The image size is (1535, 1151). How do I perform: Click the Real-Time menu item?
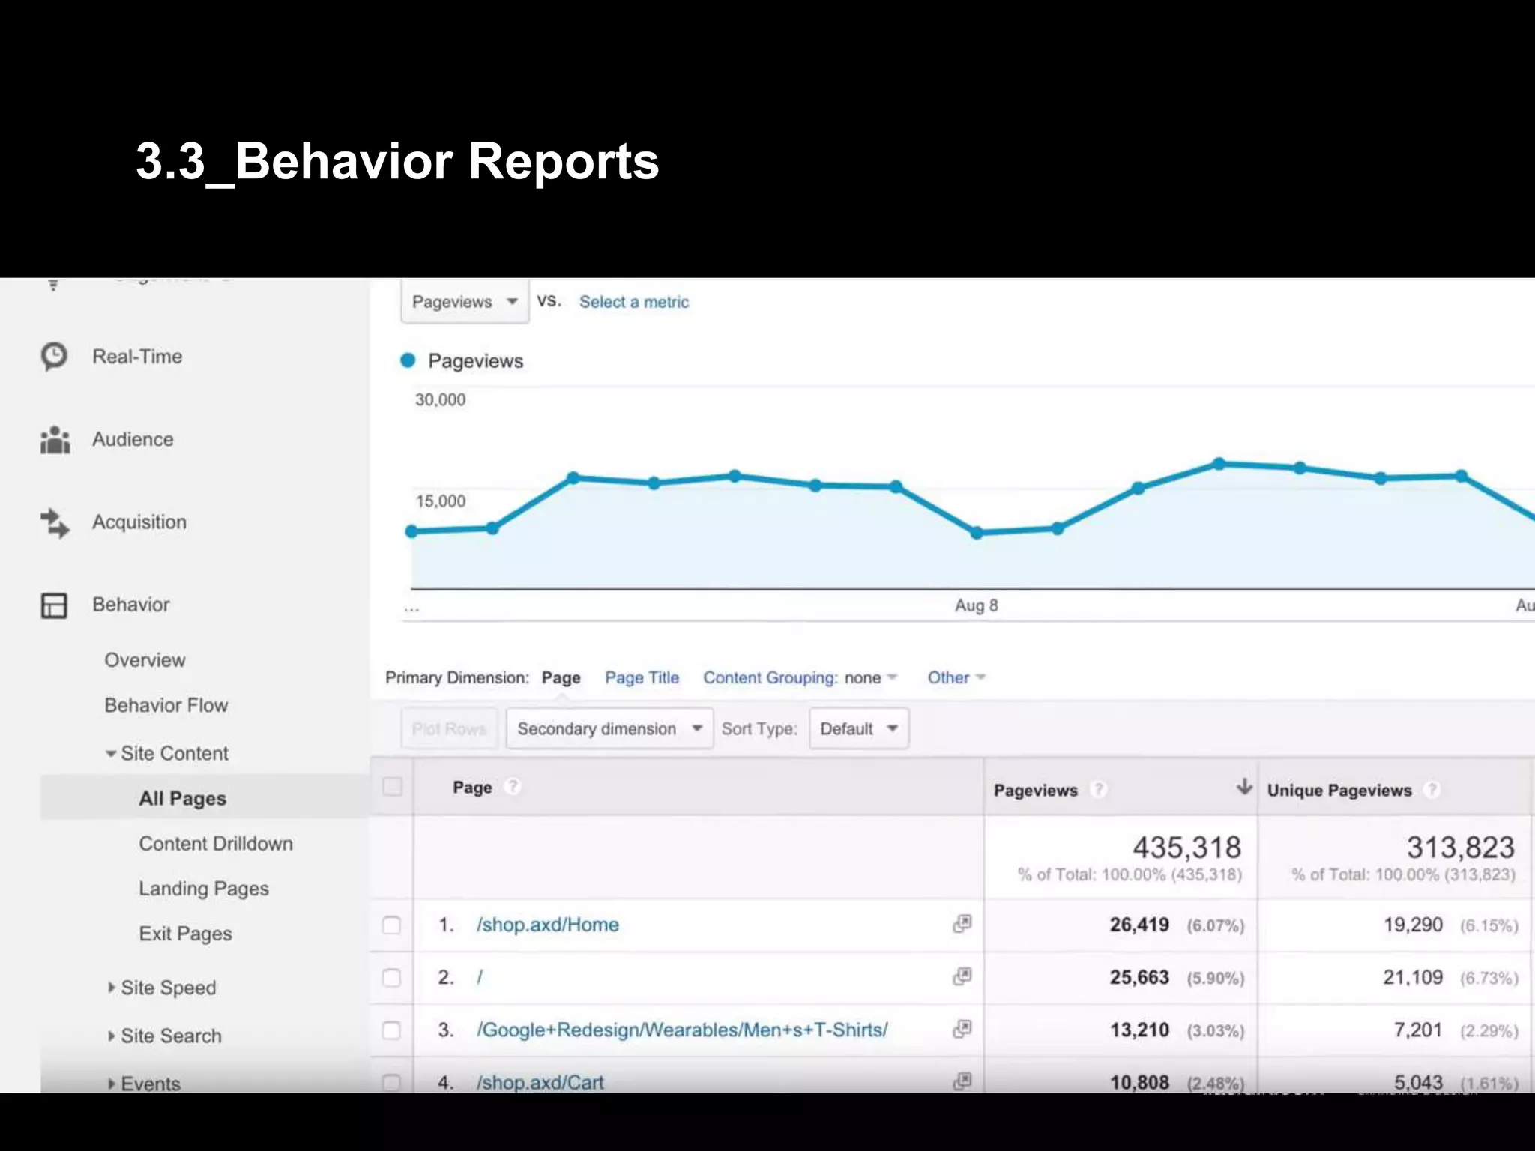pos(136,357)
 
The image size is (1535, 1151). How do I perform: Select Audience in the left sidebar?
pos(133,439)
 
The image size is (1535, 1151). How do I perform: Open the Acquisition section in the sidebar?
pos(139,522)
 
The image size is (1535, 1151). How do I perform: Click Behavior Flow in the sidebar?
pos(166,705)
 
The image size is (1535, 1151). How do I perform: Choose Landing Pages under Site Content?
pos(203,889)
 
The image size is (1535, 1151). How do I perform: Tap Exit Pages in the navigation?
pos(185,934)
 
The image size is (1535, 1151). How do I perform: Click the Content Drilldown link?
pos(215,844)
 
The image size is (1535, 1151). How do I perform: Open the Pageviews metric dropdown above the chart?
pos(465,302)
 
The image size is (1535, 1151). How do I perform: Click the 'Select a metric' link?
pos(633,302)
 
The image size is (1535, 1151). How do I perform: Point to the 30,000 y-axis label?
pos(440,400)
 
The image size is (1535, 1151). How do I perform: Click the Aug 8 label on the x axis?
pos(976,605)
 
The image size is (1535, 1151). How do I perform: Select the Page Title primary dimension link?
pos(642,678)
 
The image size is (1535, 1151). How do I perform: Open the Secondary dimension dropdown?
pos(609,729)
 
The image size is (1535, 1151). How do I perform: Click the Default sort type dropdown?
pos(858,729)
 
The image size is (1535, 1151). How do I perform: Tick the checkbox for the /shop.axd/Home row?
pos(391,925)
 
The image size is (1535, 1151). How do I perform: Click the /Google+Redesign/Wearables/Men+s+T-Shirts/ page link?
pos(682,1030)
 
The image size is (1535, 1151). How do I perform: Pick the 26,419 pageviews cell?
pos(1139,925)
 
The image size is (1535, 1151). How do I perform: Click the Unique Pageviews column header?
pos(1339,791)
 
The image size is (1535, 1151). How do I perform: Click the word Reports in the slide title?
pos(564,162)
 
